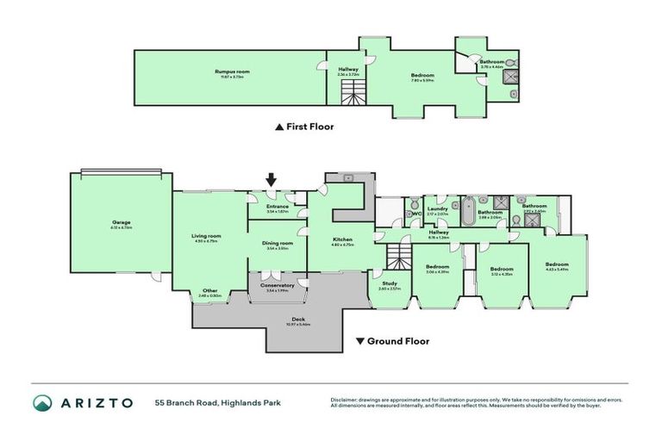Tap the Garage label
[121, 222]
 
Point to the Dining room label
[278, 244]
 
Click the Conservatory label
[278, 285]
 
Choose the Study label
[389, 283]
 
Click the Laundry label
[437, 208]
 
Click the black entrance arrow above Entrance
[271, 180]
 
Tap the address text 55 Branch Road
[186, 403]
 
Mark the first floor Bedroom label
[422, 76]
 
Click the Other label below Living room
[209, 291]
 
